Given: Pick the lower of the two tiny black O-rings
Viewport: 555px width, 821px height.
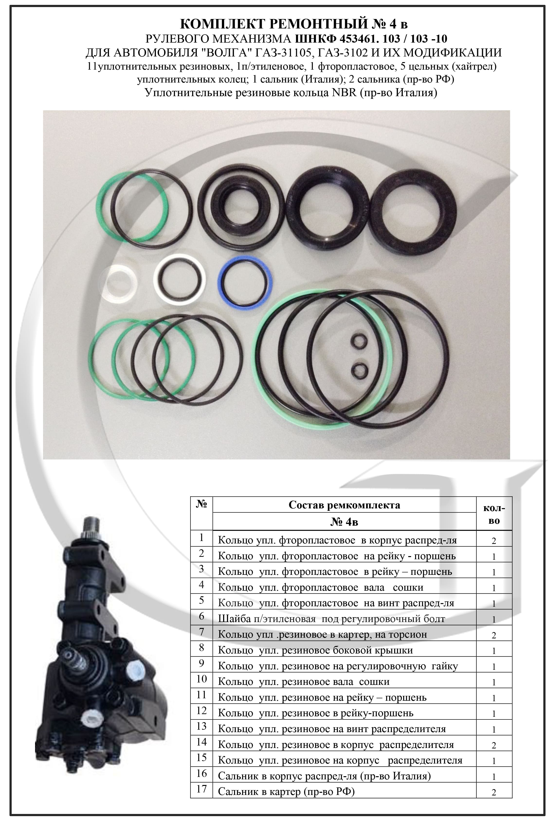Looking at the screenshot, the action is pyautogui.click(x=359, y=370).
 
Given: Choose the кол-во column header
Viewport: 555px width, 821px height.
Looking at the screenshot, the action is pyautogui.click(x=494, y=514).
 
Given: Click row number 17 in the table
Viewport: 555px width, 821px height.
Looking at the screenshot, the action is pyautogui.click(x=201, y=798).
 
